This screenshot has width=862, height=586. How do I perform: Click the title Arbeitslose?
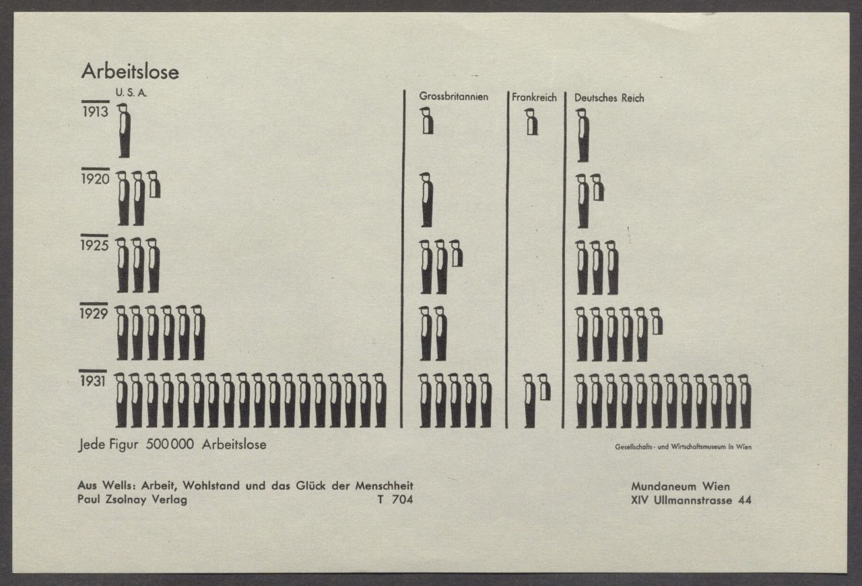pyautogui.click(x=130, y=72)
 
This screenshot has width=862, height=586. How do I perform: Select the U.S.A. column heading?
pyautogui.click(x=131, y=93)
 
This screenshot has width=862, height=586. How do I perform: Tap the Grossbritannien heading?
pyautogui.click(x=454, y=96)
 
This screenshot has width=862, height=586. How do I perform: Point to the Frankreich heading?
pyautogui.click(x=534, y=98)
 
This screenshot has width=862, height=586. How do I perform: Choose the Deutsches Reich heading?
pyautogui.click(x=609, y=98)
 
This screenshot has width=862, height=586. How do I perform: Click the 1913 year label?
pyautogui.click(x=96, y=112)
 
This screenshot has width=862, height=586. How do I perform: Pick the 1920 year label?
pyautogui.click(x=96, y=179)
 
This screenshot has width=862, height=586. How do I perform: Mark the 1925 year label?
pyautogui.click(x=95, y=246)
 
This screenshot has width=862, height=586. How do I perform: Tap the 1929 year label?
pyautogui.click(x=94, y=314)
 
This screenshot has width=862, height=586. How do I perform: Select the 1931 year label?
pyautogui.click(x=93, y=381)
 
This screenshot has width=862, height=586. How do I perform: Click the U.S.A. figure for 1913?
pyautogui.click(x=124, y=131)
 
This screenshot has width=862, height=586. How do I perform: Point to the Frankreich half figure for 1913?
pyautogui.click(x=531, y=122)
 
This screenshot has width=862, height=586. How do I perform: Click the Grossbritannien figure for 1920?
pyautogui.click(x=426, y=200)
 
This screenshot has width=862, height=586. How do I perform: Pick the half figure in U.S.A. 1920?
pyautogui.click(x=154, y=184)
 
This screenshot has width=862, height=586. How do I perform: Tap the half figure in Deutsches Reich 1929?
pyautogui.click(x=656, y=321)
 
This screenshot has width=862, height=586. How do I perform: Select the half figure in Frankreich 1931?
pyautogui.click(x=544, y=387)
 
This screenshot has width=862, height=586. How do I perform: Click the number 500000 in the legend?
pyautogui.click(x=170, y=445)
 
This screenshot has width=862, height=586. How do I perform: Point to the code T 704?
pyautogui.click(x=395, y=499)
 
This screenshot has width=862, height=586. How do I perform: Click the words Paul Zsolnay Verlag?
pyautogui.click(x=133, y=500)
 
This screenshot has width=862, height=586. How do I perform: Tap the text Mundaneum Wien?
pyautogui.click(x=680, y=487)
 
